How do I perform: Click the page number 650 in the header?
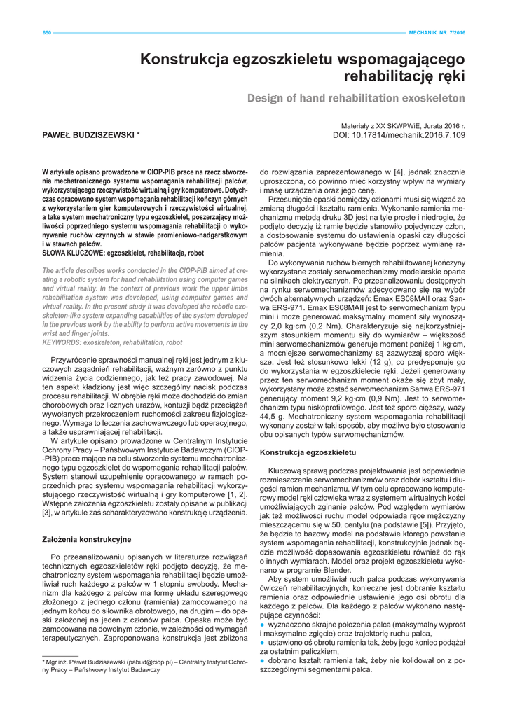click(47, 32)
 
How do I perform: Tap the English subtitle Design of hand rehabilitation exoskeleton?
click(356, 98)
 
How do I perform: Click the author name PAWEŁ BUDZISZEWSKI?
click(88, 134)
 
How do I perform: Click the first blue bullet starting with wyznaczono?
click(263, 623)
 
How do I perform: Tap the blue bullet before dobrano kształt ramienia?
click(263, 660)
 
